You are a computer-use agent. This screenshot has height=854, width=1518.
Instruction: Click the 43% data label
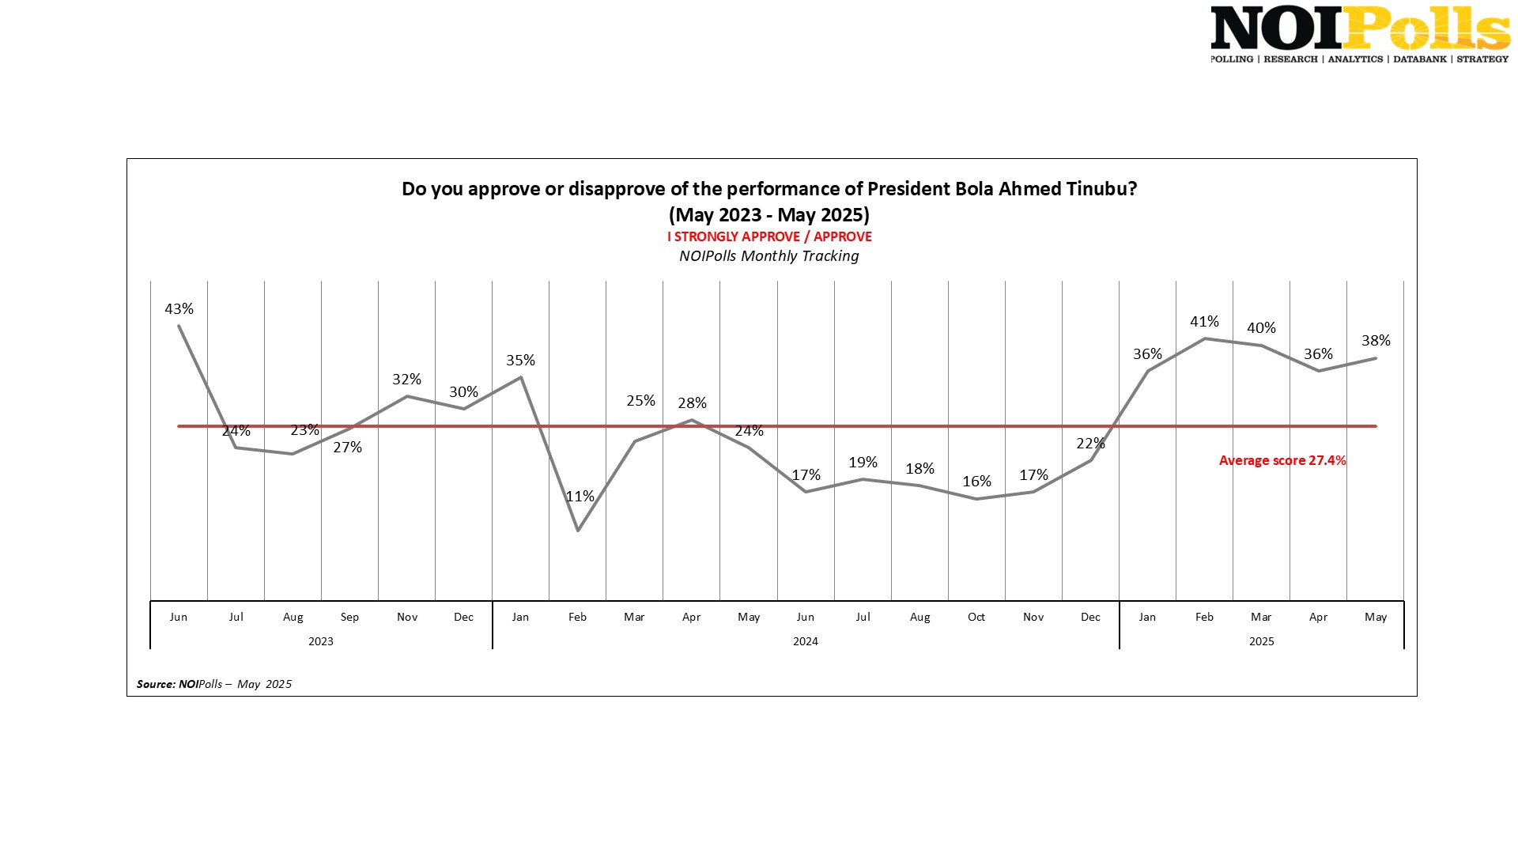[x=179, y=309]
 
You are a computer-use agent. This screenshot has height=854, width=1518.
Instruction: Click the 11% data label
[x=580, y=497]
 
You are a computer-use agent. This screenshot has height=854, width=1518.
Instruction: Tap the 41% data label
[x=1204, y=322]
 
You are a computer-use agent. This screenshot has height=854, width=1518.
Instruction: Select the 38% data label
[x=1376, y=341]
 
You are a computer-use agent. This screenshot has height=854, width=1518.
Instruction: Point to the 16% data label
[x=976, y=482]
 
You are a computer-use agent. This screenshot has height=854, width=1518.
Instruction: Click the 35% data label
[x=520, y=361]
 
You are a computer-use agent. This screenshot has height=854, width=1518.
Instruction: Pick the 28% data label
[x=692, y=403]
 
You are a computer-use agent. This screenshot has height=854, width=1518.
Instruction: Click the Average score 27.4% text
[x=1282, y=460]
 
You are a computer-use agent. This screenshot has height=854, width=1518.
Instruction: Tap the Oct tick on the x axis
[x=976, y=617]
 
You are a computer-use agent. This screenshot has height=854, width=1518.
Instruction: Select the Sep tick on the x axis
[x=349, y=617]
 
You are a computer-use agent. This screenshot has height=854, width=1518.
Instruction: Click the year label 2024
[x=805, y=641]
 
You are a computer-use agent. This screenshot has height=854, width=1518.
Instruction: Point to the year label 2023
[x=320, y=641]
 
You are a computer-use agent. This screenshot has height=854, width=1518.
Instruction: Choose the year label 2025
[x=1261, y=641]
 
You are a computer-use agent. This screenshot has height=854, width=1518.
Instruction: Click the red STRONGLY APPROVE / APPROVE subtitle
[x=769, y=236]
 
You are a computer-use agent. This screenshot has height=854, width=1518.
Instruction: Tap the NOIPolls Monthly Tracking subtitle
[x=768, y=256]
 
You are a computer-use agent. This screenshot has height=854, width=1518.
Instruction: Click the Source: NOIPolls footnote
[x=213, y=684]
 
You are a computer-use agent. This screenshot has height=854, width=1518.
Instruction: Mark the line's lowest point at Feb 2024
[x=578, y=530]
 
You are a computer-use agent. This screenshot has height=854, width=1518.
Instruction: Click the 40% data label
[x=1261, y=328]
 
